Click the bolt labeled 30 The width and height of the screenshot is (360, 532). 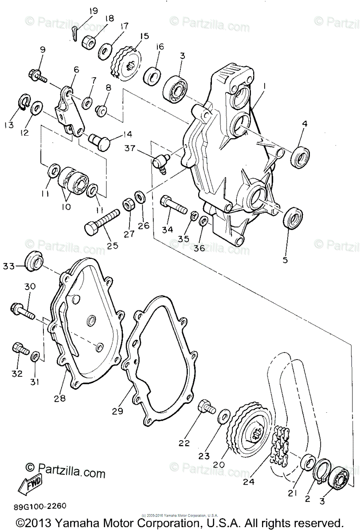pos(24,310)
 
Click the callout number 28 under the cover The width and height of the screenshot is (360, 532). pos(59,398)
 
